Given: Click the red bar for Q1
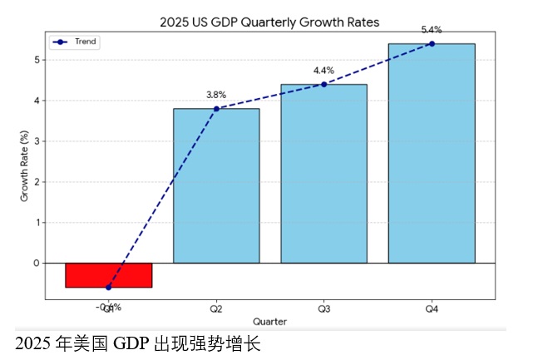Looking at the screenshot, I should pyautogui.click(x=108, y=275).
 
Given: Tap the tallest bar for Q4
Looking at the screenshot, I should pyautogui.click(x=432, y=153).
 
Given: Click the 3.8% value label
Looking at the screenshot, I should pyautogui.click(x=216, y=94).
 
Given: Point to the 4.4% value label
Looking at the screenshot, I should pyautogui.click(x=323, y=70).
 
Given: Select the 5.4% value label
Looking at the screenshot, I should pyautogui.click(x=432, y=29).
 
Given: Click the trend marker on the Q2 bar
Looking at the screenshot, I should pyautogui.click(x=216, y=109).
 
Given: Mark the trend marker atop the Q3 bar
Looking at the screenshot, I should pyautogui.click(x=323, y=84).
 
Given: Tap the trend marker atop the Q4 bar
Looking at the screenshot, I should pyautogui.click(x=432, y=44).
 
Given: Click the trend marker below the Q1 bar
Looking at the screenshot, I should pyautogui.click(x=108, y=288).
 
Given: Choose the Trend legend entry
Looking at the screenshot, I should pyautogui.click(x=76, y=42).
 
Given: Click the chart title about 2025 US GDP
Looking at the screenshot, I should pyautogui.click(x=269, y=22).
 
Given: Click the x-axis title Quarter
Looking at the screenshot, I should pyautogui.click(x=269, y=321).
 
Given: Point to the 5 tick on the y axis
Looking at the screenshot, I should pyautogui.click(x=37, y=60).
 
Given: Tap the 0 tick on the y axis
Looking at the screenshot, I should pyautogui.click(x=37, y=263).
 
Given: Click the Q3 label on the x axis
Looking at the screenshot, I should pyautogui.click(x=323, y=308).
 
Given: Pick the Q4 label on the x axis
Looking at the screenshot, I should pyautogui.click(x=432, y=308).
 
